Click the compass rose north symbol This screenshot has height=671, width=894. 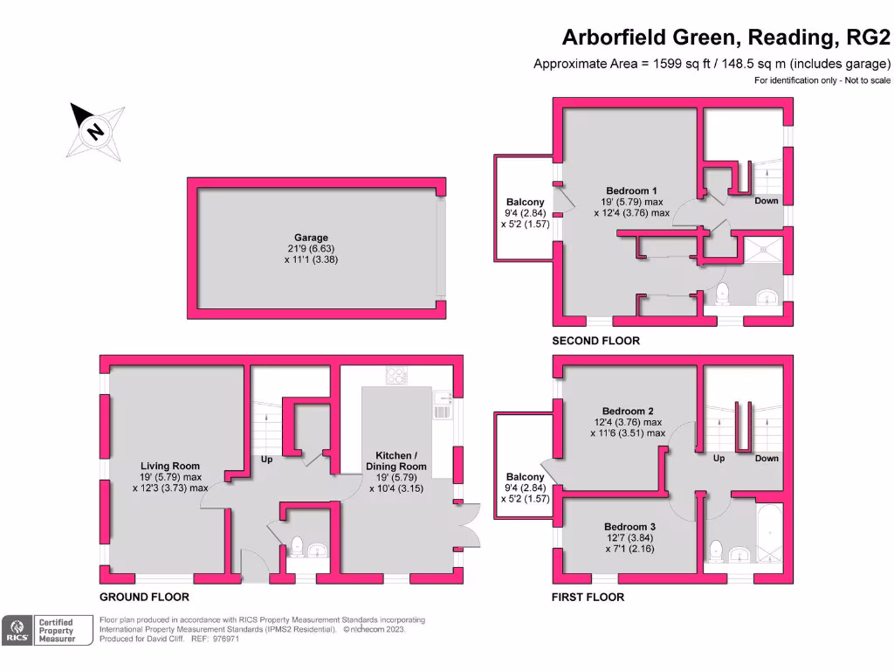[x=95, y=131]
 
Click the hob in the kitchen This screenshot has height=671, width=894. [x=397, y=377]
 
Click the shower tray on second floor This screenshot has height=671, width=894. [x=762, y=252]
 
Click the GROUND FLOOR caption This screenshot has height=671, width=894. [x=144, y=598]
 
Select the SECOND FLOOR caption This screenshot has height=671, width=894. [x=596, y=341]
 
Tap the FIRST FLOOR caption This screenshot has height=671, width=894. [x=588, y=598]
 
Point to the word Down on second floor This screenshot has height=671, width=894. [x=767, y=201]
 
